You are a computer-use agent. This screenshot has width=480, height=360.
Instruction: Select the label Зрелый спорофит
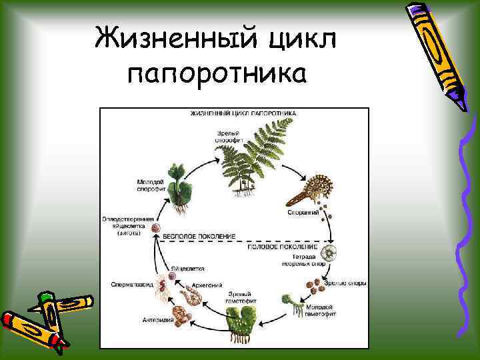click(x=225, y=137)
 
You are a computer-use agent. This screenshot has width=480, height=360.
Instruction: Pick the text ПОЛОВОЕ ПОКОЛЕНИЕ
click(x=274, y=246)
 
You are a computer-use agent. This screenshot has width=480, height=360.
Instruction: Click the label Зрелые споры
click(x=345, y=283)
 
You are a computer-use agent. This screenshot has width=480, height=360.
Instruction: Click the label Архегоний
click(x=206, y=285)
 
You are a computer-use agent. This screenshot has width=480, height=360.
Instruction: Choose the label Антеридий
click(x=158, y=320)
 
